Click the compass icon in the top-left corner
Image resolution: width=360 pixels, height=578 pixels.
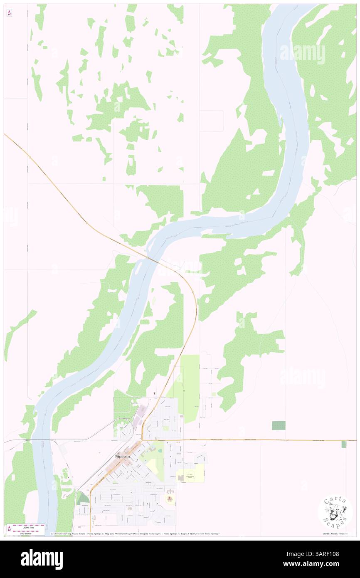9,13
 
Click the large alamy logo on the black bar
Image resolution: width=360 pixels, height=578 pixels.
42,559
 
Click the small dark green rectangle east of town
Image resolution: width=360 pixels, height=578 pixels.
279,425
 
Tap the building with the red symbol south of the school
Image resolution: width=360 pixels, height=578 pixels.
170,497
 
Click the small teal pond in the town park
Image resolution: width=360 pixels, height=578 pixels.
153,450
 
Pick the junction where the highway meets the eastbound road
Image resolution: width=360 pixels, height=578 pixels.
142,440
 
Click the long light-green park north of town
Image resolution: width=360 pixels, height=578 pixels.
190,387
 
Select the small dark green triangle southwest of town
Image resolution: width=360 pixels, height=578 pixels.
83,499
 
